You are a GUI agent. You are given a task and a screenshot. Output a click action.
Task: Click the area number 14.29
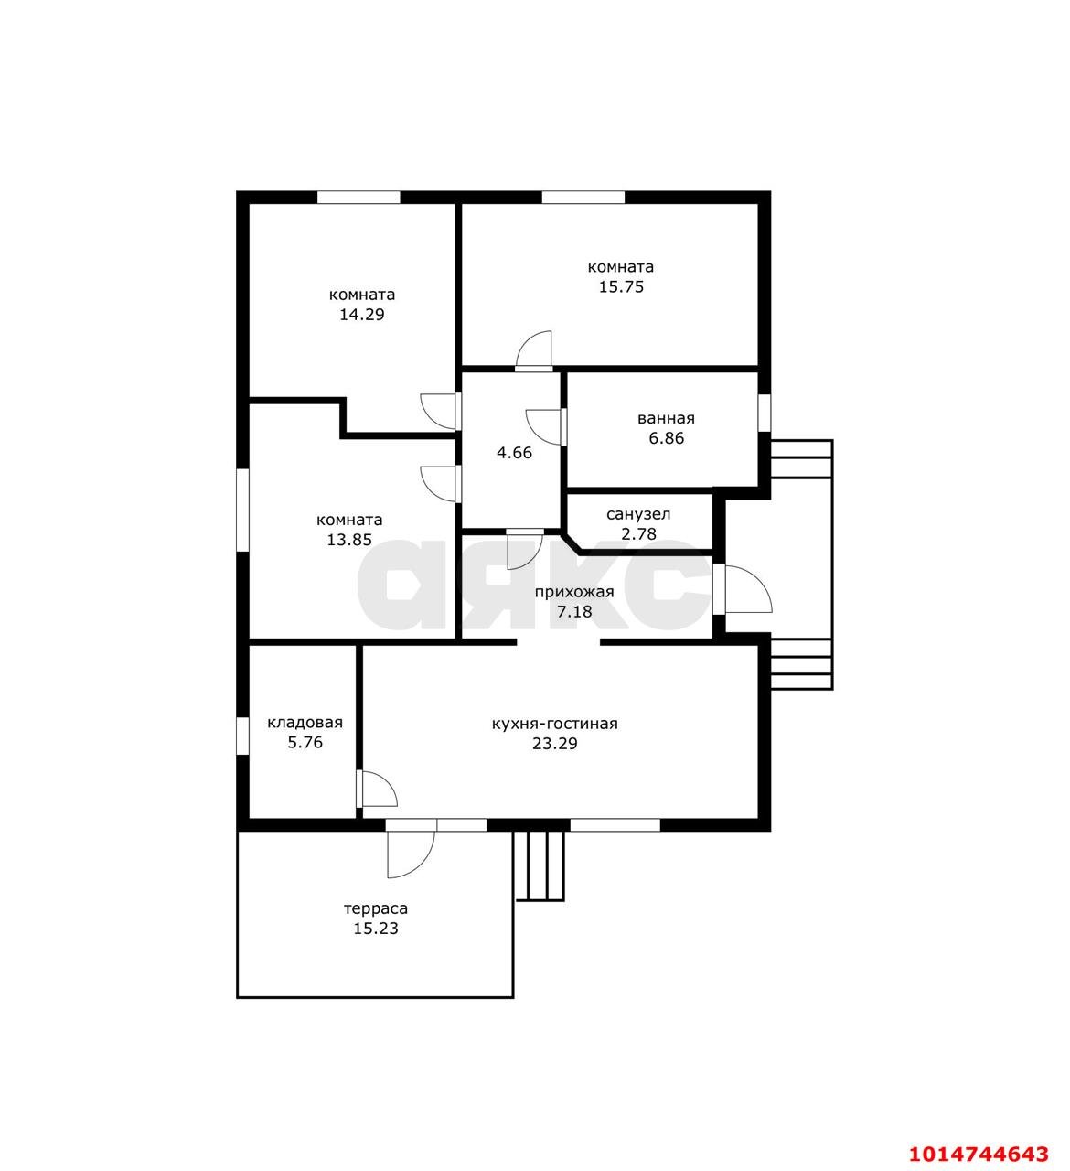pyautogui.click(x=362, y=315)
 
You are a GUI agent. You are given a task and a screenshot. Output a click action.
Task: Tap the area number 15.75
pyautogui.click(x=621, y=286)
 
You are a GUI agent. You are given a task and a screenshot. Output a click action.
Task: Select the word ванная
pyautogui.click(x=666, y=419)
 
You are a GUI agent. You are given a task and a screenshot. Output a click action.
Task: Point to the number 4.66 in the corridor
pyautogui.click(x=514, y=453)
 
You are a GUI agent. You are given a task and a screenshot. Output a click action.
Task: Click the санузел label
pyautogui.click(x=638, y=514)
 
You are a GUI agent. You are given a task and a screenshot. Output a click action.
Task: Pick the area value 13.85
pyautogui.click(x=349, y=540)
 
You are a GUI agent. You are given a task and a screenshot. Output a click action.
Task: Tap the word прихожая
pyautogui.click(x=575, y=593)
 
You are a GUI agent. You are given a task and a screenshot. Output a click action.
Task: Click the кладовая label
pyautogui.click(x=305, y=723)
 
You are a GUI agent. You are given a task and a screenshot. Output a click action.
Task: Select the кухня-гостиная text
pyautogui.click(x=554, y=724)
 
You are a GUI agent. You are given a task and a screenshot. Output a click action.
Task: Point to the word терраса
pyautogui.click(x=376, y=908)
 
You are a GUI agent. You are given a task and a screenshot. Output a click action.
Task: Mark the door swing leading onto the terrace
pyautogui.click(x=411, y=854)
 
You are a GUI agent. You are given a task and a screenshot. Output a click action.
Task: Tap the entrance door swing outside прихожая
pyautogui.click(x=748, y=589)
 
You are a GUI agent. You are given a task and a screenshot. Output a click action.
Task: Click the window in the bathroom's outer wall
pyautogui.click(x=765, y=414)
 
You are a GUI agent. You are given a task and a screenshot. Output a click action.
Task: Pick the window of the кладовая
pyautogui.click(x=242, y=736)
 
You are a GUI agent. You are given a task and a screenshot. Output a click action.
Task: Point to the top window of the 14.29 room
pyautogui.click(x=358, y=198)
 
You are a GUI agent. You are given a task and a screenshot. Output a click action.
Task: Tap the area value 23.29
pyautogui.click(x=554, y=744)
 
